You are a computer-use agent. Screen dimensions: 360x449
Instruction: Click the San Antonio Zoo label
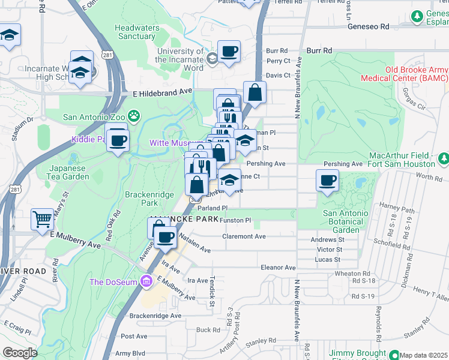point(95,116)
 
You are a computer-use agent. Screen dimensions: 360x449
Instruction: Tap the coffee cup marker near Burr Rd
point(229,51)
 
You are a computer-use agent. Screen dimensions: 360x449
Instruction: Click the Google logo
point(20,353)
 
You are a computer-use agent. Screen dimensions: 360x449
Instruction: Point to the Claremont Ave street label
point(244,236)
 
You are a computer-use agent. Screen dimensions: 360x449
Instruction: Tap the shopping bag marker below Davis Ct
point(255,93)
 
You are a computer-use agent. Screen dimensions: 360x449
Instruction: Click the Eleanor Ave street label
point(278,267)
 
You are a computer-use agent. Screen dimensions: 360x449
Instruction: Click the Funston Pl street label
point(235,220)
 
